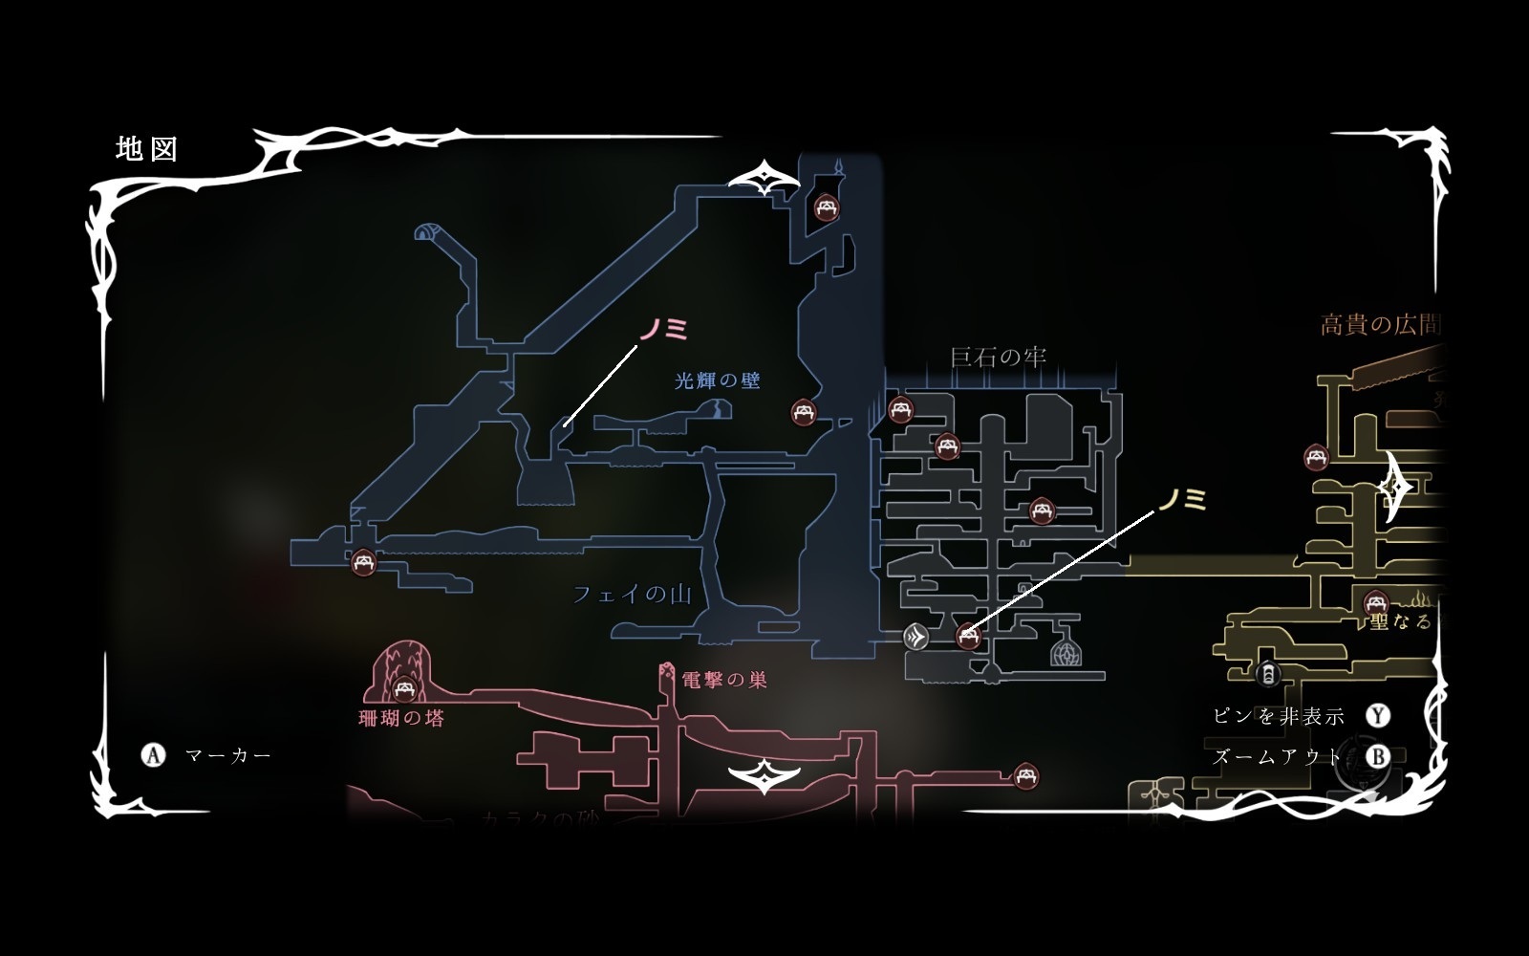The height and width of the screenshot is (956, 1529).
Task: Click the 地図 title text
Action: (146, 150)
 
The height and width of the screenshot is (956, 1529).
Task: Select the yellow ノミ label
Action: (1182, 499)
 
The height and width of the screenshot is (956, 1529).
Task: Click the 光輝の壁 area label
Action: (718, 380)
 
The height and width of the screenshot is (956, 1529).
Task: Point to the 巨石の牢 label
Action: (998, 358)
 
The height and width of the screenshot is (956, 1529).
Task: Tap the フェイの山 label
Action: (632, 595)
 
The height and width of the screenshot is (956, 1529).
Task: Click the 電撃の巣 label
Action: (724, 681)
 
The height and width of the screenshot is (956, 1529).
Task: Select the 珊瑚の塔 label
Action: (401, 719)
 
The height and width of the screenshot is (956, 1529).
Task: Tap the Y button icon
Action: (1378, 716)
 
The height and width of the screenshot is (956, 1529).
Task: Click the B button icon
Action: (1378, 757)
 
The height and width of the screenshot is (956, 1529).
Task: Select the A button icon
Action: (153, 755)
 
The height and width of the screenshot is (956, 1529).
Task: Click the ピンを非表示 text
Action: (1278, 716)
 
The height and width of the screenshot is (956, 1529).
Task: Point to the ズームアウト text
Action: (1277, 757)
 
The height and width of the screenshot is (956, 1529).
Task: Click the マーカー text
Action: (228, 755)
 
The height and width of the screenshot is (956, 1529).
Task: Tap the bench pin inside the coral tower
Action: (404, 687)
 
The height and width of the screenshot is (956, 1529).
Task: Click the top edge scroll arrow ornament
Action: (764, 179)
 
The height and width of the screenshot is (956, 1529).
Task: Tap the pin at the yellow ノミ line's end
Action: (968, 635)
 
